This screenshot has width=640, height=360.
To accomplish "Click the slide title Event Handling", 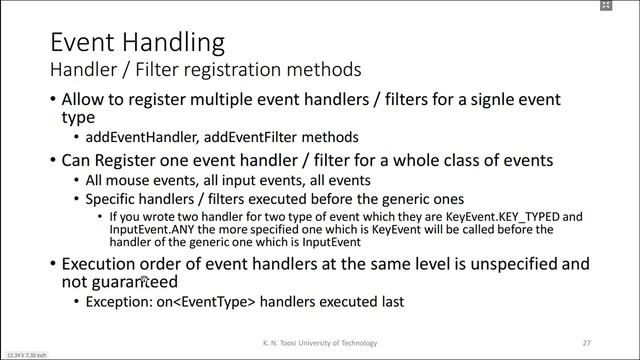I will coord(137,43).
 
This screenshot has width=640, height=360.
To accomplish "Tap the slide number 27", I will coord(586,343).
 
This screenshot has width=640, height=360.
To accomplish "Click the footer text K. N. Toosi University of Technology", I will coord(319,343).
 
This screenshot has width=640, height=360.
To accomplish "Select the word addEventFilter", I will coord(251,137).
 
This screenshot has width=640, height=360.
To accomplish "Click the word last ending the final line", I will coord(391,301).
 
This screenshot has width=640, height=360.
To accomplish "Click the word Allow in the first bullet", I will coord(83,100).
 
